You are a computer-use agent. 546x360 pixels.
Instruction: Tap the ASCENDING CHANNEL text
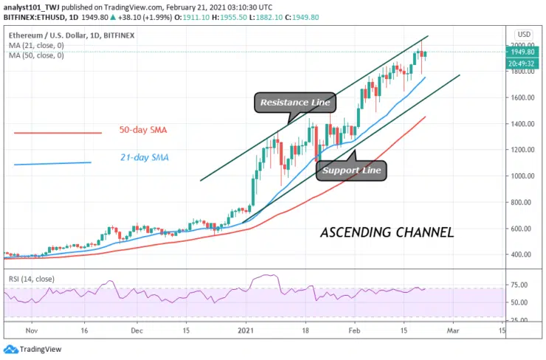[x=386, y=233]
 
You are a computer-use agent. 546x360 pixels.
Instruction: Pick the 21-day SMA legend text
[x=144, y=157]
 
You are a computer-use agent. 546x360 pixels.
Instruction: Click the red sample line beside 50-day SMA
[x=58, y=133]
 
